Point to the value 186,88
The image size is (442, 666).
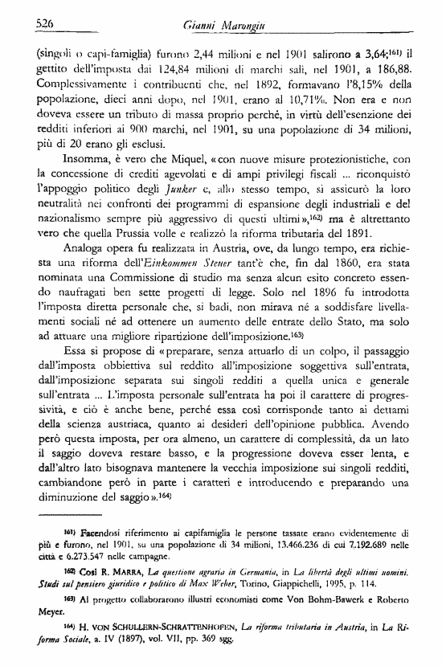[410, 72]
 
